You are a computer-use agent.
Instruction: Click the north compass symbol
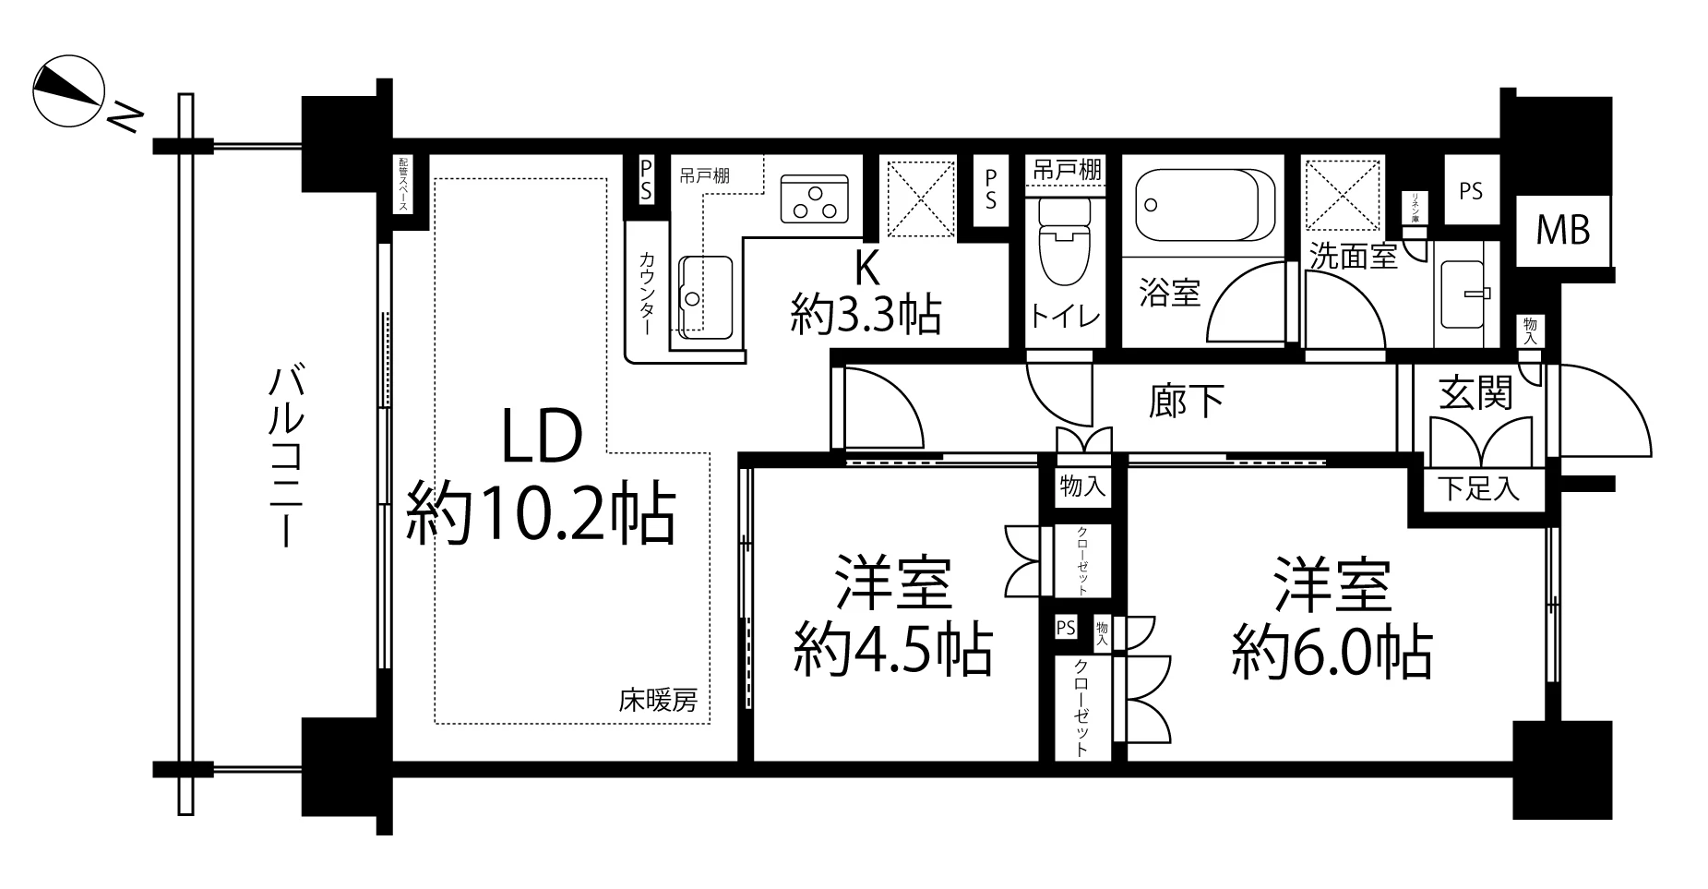click(67, 91)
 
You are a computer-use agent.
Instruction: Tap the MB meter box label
click(1562, 230)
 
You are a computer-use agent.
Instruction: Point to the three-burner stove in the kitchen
click(814, 199)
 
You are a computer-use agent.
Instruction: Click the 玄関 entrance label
click(1475, 393)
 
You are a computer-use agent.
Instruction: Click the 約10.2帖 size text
click(542, 515)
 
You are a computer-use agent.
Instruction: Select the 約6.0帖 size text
click(1332, 653)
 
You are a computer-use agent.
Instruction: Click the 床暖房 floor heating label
click(658, 702)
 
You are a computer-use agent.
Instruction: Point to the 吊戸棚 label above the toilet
click(1065, 170)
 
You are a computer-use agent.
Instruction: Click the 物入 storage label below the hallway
click(1082, 487)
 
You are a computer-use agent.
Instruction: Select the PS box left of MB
click(1471, 191)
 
